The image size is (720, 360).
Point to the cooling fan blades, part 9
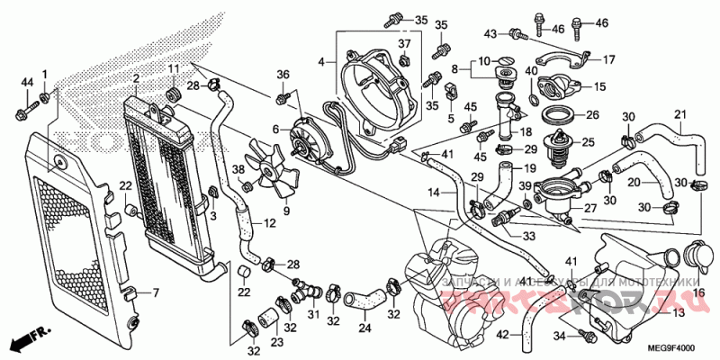275,175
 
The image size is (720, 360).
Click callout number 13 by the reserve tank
678,312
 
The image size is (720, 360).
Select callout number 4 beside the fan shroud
320,62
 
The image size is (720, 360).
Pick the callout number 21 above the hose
680,114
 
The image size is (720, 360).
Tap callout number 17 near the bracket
609,60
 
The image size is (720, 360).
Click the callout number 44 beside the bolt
25,83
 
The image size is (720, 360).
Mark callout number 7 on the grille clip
154,293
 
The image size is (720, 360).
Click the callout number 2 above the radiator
135,80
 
